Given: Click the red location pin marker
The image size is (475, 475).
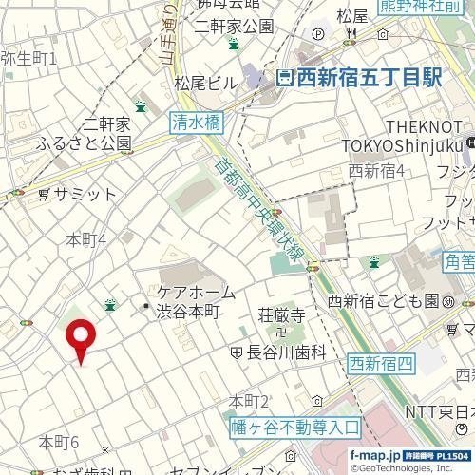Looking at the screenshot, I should coord(81,339).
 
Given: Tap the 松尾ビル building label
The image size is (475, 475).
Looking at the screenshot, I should coord(205,83).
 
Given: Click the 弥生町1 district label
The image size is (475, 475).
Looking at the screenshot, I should coord(28,59).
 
